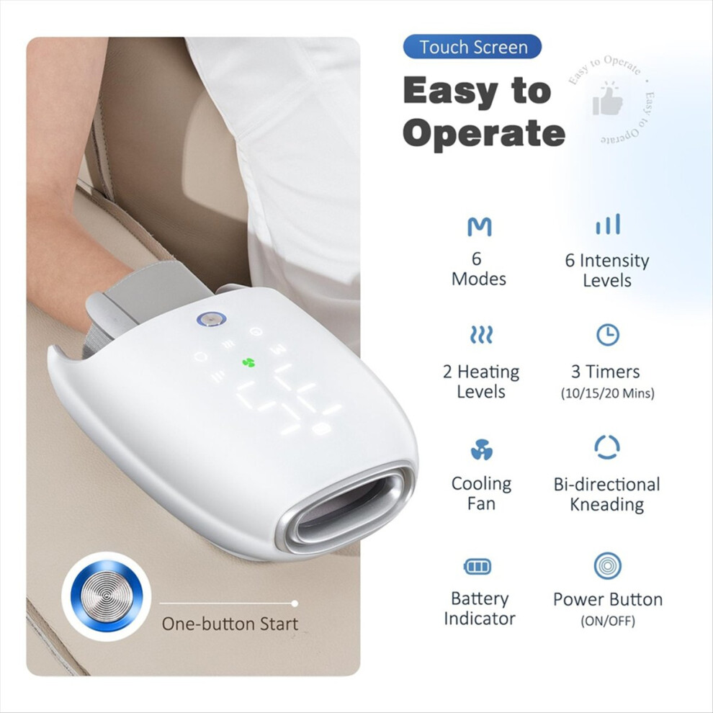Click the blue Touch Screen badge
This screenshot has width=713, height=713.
click(472, 47)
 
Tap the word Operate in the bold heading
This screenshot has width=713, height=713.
click(483, 133)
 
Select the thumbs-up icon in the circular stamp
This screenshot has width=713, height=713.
click(608, 99)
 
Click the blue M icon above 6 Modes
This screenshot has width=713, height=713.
click(479, 226)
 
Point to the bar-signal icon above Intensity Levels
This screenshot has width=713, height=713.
click(608, 224)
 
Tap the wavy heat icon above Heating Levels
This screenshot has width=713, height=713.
click(481, 334)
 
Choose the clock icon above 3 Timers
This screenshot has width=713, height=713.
click(608, 335)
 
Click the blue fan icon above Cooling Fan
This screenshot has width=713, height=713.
click(482, 449)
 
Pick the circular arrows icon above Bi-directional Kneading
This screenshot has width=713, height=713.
click(607, 447)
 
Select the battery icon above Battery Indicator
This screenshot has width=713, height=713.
click(477, 567)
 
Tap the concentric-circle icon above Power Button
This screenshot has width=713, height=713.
click(608, 565)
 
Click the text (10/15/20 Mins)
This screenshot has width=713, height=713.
click(608, 393)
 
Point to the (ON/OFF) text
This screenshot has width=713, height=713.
click(608, 621)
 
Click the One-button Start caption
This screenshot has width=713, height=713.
click(230, 624)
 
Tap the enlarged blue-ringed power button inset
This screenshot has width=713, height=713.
click(107, 596)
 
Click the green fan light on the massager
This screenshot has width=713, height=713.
click(248, 362)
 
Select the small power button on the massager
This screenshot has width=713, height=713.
click(212, 319)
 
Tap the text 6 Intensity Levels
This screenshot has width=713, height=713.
click(607, 270)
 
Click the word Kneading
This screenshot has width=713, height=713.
click(607, 505)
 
